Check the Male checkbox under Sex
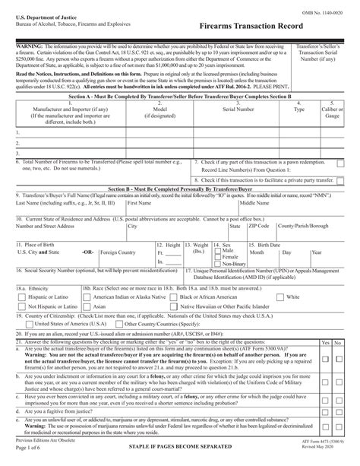(219, 250)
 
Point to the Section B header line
(179, 187)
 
